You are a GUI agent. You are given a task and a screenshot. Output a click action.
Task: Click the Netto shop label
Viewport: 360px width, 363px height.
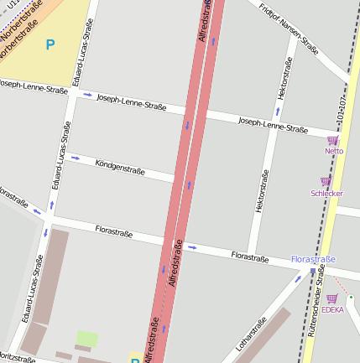pos(334,151)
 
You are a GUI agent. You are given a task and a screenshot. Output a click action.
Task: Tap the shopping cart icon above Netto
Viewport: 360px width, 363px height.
pos(332,140)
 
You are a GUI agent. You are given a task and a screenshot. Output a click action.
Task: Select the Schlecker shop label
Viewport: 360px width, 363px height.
pos(326,193)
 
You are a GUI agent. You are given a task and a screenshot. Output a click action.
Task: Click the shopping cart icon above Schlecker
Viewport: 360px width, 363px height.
pos(326,181)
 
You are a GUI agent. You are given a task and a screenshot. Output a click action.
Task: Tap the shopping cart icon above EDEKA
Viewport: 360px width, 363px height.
pos(331,298)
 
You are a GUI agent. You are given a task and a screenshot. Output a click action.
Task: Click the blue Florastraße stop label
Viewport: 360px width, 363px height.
pos(313,260)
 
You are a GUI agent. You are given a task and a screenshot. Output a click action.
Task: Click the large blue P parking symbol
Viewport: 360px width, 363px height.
pos(50,44)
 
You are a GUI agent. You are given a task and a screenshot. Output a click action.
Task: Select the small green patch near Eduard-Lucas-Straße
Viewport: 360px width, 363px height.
pos(87,339)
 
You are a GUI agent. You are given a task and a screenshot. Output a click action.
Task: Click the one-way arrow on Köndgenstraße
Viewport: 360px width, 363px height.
pos(76,157)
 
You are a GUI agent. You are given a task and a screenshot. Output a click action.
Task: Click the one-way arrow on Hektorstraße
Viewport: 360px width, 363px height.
pos(278,110)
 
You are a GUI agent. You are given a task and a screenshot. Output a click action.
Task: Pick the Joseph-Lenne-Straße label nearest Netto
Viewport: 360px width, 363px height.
pos(273,126)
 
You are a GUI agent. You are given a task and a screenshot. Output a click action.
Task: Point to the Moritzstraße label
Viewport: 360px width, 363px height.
pos(17,357)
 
